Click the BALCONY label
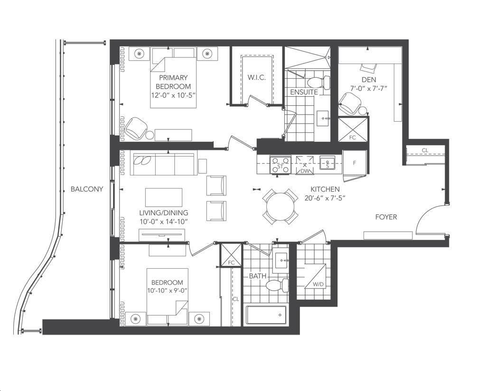point(87,189)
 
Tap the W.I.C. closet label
point(257,77)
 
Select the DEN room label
point(369,80)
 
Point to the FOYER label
point(386,217)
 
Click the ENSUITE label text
point(304,92)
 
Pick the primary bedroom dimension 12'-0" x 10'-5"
point(174,95)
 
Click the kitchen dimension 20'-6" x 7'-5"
point(325,198)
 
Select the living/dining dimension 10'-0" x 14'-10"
point(164,222)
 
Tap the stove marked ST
point(280,164)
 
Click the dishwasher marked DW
point(305,165)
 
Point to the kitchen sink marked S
point(327,163)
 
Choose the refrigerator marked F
point(355,163)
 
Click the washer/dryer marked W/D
point(315,276)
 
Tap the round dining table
point(280,207)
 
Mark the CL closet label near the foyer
point(425,150)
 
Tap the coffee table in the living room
point(164,197)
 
